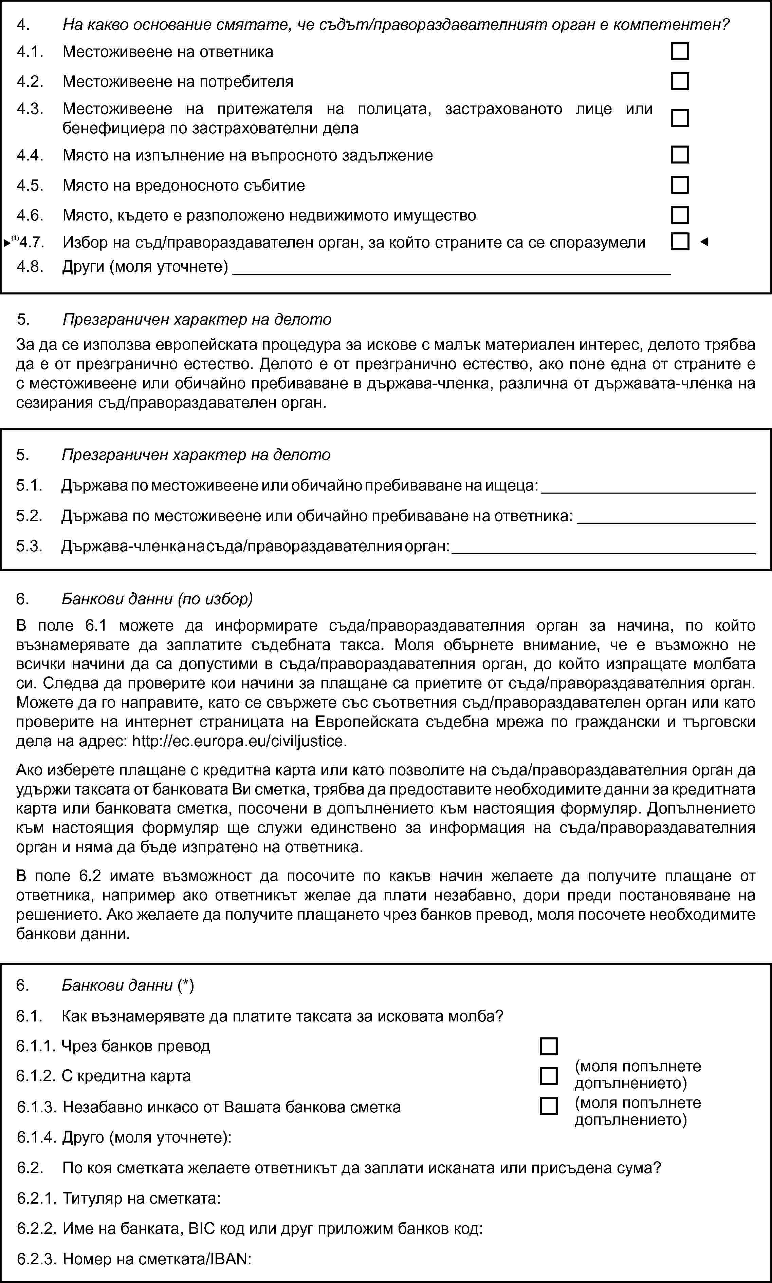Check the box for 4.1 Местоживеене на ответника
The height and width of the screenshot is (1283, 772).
click(679, 52)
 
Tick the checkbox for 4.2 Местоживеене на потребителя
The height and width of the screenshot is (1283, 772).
click(679, 82)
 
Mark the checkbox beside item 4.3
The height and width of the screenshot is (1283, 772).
click(679, 118)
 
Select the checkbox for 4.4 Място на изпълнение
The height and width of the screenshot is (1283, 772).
click(679, 155)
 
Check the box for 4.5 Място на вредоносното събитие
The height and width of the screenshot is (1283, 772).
click(679, 185)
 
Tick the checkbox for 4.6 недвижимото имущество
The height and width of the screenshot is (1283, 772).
click(679, 215)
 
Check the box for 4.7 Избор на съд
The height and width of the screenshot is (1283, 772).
click(679, 242)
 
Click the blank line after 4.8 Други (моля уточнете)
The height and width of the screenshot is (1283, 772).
click(451, 269)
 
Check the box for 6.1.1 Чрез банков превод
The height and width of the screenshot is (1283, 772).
click(549, 1046)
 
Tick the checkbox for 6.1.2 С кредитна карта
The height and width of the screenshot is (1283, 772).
click(549, 1076)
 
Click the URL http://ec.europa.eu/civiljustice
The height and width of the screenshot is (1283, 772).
click(239, 741)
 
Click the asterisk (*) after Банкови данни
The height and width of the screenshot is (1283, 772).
click(186, 985)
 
